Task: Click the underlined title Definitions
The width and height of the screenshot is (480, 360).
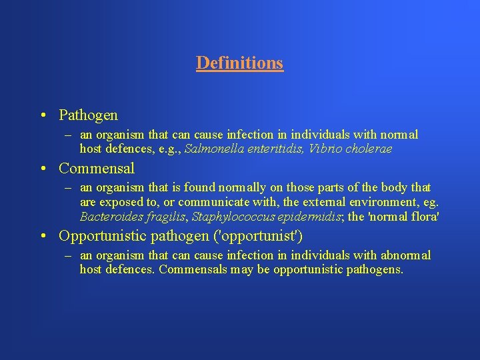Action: (239, 63)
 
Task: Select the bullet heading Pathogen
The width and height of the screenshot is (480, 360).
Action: (88, 115)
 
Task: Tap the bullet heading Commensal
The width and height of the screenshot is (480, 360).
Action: (97, 168)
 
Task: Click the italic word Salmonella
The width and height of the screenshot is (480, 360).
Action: (211, 149)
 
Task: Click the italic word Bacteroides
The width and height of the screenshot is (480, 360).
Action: (110, 217)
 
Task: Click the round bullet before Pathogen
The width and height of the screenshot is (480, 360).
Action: (43, 116)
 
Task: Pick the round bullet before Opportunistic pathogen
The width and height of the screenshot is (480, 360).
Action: (43, 236)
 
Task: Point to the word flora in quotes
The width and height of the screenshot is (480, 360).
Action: (425, 217)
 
